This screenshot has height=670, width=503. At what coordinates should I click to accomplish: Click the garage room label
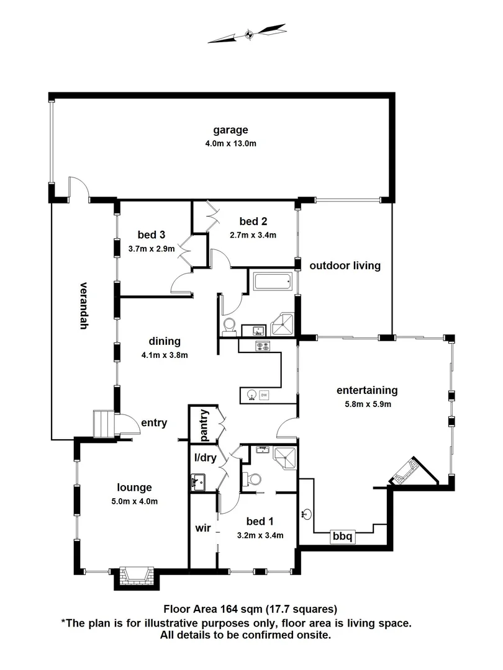230,130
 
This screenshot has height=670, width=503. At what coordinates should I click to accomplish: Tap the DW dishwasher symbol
264,394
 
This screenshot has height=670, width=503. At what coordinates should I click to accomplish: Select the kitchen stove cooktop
262,346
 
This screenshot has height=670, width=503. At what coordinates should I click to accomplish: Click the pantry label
203,426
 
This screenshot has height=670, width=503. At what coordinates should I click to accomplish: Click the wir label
203,529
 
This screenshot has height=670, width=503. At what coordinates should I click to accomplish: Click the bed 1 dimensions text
260,535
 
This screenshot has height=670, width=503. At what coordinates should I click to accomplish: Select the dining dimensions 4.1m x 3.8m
164,355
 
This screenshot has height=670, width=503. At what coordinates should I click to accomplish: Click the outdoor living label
345,266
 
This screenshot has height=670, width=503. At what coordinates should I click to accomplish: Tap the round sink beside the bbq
307,514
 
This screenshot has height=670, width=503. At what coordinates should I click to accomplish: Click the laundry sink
198,480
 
